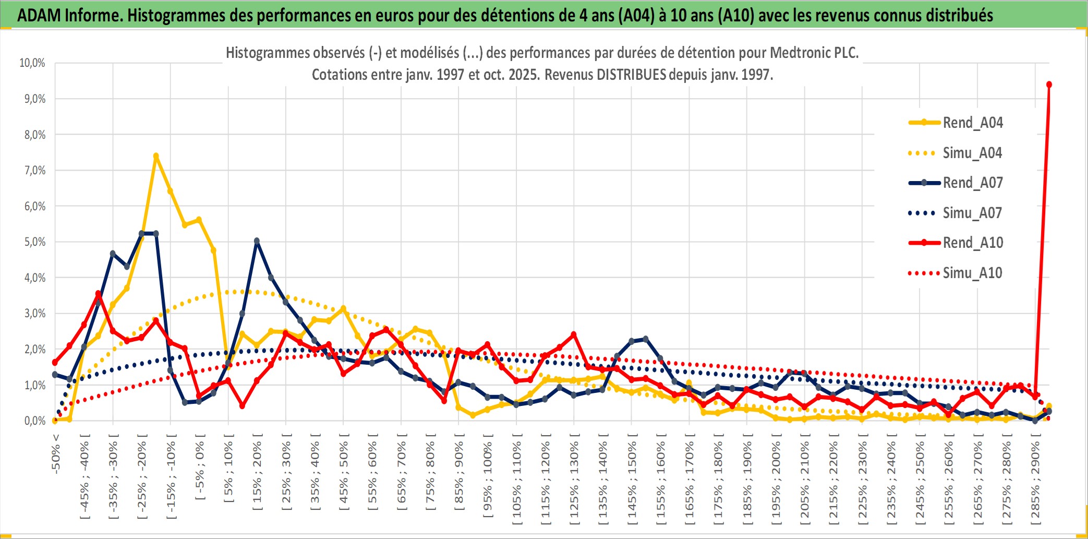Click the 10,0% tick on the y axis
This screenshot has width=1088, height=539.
tap(32, 63)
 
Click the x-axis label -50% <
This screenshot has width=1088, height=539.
tap(56, 454)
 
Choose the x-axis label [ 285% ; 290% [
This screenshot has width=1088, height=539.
tap(1035, 483)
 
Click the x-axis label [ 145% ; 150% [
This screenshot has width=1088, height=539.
tap(632, 483)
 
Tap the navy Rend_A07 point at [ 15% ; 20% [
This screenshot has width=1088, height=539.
tap(257, 241)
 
